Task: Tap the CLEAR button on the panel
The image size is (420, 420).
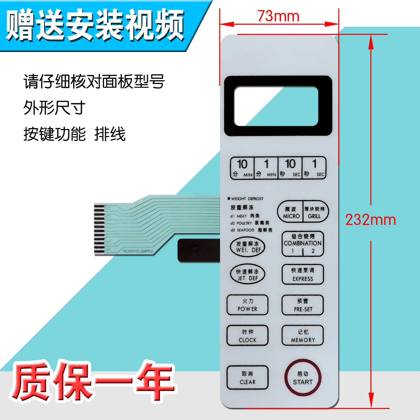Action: (247, 377)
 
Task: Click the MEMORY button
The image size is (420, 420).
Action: (302, 335)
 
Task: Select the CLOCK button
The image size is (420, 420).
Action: (247, 335)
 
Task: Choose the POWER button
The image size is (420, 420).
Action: (247, 305)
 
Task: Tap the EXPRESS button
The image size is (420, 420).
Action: (302, 274)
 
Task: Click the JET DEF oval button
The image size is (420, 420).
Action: (247, 274)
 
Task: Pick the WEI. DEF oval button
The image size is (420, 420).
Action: (247, 247)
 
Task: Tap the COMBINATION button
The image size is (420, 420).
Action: (302, 243)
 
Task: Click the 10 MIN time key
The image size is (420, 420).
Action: (242, 168)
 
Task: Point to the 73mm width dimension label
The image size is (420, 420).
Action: (278, 16)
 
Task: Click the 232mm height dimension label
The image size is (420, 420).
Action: (370, 220)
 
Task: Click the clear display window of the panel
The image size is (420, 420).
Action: (276, 106)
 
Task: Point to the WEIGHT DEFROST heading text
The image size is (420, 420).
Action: (247, 199)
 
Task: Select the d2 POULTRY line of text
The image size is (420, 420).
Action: (250, 223)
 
